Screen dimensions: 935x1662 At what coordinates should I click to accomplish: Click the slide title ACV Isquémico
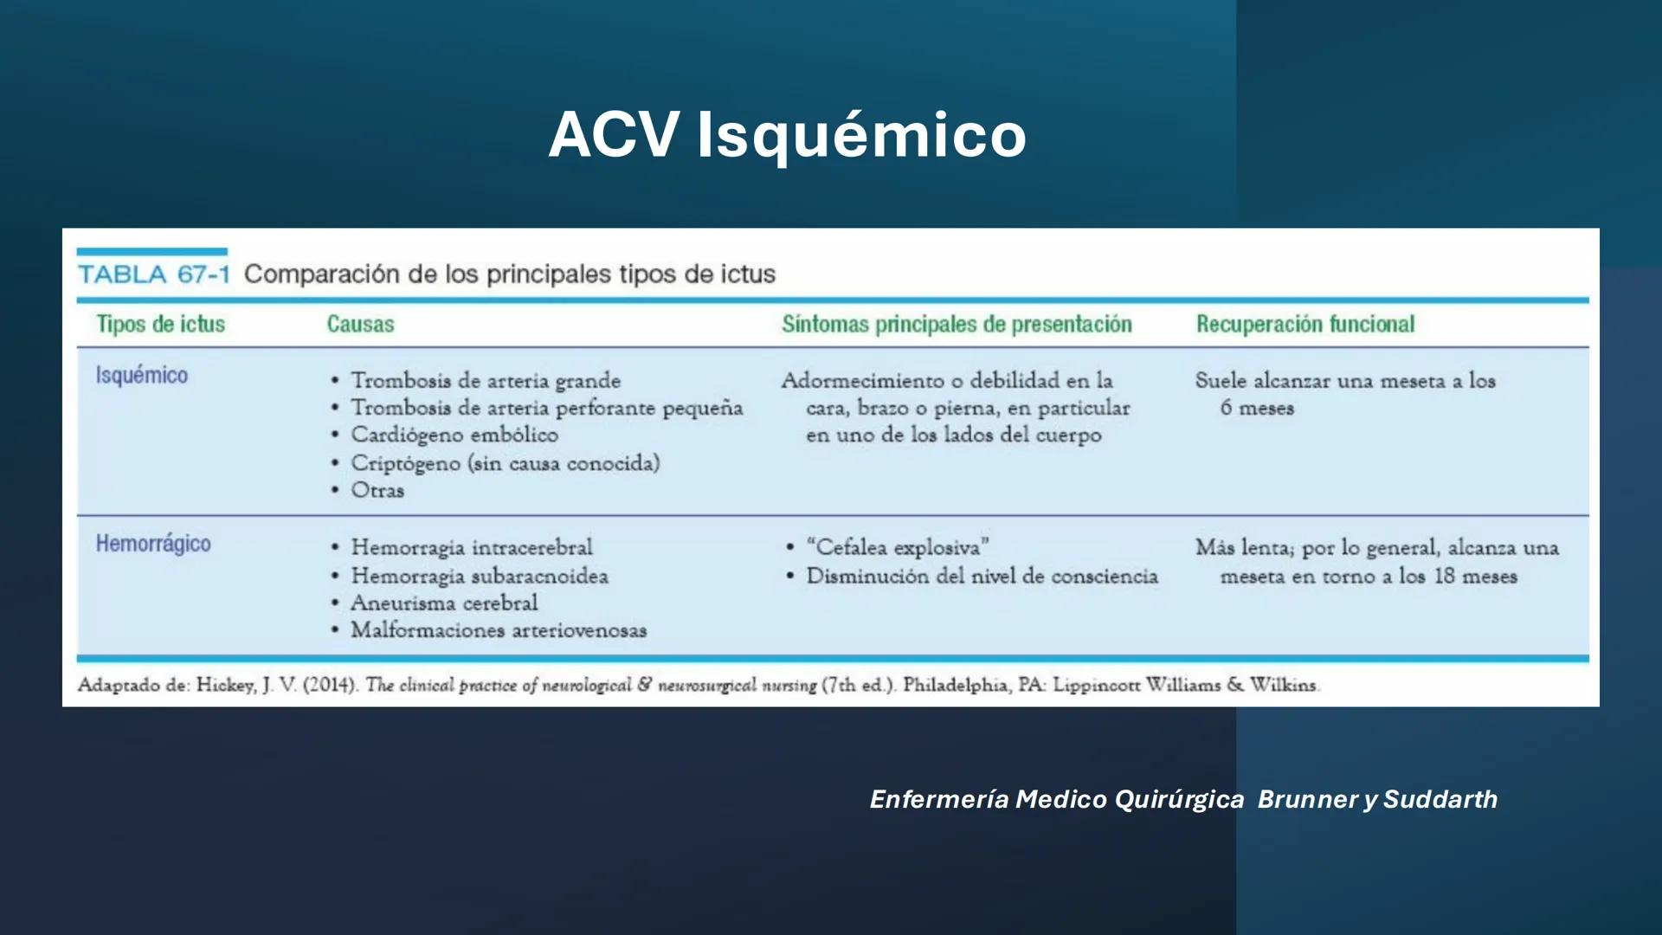787,135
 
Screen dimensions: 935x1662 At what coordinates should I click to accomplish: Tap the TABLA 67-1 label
154,274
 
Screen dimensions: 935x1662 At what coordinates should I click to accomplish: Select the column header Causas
360,325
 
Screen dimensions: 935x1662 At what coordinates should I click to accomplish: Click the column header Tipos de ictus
160,325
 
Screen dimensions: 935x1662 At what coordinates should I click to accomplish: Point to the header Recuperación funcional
1304,325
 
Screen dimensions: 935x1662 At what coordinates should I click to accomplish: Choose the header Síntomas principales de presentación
957,325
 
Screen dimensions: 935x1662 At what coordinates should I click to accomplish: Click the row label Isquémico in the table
141,376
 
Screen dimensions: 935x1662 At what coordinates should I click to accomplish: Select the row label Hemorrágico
153,544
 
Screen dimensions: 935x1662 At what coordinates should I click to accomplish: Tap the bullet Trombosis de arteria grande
485,381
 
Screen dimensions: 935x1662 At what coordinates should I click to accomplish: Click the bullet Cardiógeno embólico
454,435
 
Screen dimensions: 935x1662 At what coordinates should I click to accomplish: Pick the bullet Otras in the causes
377,490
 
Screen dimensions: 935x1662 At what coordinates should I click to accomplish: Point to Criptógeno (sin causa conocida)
505,463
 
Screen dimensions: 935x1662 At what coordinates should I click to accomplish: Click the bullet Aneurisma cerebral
443,603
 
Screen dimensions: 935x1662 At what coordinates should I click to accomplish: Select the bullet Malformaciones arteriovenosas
498,630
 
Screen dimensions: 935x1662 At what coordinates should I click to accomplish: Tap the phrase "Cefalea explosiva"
898,548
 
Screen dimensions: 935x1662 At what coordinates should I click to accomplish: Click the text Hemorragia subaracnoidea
479,577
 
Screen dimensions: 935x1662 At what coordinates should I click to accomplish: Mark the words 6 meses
1257,408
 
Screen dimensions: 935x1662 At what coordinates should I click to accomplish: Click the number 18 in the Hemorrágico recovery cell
1444,577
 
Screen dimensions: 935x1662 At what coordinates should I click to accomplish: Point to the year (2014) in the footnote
330,685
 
